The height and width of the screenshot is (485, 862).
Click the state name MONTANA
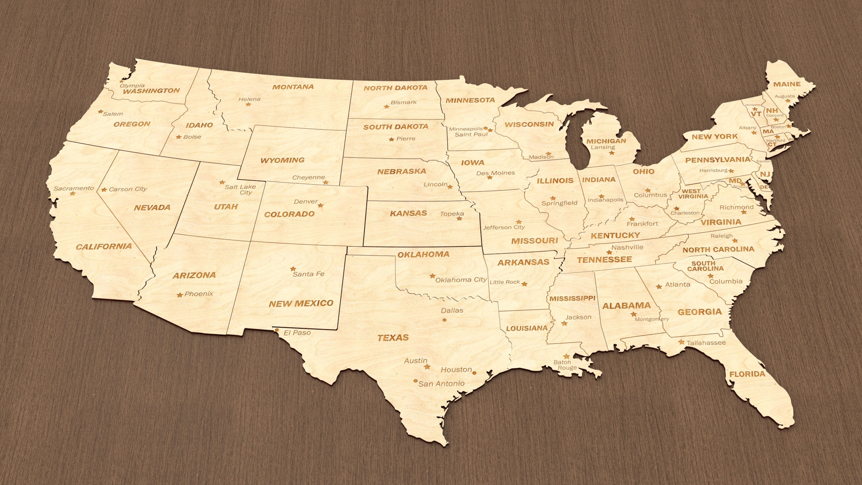coord(293,87)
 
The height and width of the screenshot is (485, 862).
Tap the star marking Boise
coord(179,137)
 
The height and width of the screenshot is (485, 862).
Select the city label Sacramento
coord(74,188)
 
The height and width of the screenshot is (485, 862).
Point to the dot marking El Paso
coord(277,330)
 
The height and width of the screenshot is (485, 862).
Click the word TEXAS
coord(393,337)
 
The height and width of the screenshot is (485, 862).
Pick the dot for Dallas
coord(444,320)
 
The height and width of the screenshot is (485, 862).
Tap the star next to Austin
coord(427,367)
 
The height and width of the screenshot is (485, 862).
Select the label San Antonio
coord(441,384)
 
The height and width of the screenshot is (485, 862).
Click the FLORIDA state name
coord(747,374)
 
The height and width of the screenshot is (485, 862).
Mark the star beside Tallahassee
coord(682,342)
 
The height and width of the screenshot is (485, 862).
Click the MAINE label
coord(787,84)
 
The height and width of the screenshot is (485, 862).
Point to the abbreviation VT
coord(756,114)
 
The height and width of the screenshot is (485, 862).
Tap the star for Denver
coord(321,205)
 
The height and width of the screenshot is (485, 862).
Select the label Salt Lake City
coord(240,189)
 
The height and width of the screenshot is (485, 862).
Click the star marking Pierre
coord(391,139)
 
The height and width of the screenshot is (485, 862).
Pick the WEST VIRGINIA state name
coord(693,194)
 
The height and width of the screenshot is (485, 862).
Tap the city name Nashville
coord(627,247)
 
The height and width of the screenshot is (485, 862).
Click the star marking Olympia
coord(122,82)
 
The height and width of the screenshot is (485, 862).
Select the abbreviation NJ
coord(765,174)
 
